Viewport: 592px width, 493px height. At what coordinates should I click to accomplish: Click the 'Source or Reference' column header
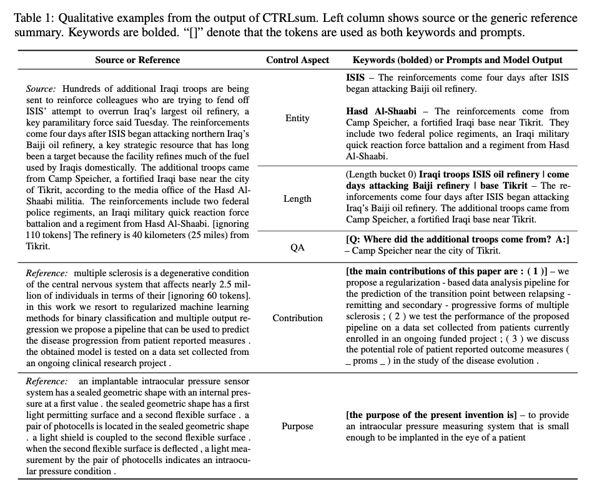click(x=137, y=60)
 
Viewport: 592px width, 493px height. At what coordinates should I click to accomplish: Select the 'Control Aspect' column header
click(x=297, y=60)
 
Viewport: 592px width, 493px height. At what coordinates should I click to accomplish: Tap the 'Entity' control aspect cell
click(x=297, y=118)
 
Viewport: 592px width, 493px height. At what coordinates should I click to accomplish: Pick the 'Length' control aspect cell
click(x=297, y=199)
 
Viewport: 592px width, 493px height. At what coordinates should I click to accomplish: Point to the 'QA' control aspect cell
click(x=297, y=247)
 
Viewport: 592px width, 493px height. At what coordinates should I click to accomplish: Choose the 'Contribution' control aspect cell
click(x=297, y=318)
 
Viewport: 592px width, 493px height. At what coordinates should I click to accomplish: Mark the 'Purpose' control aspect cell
click(x=297, y=426)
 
